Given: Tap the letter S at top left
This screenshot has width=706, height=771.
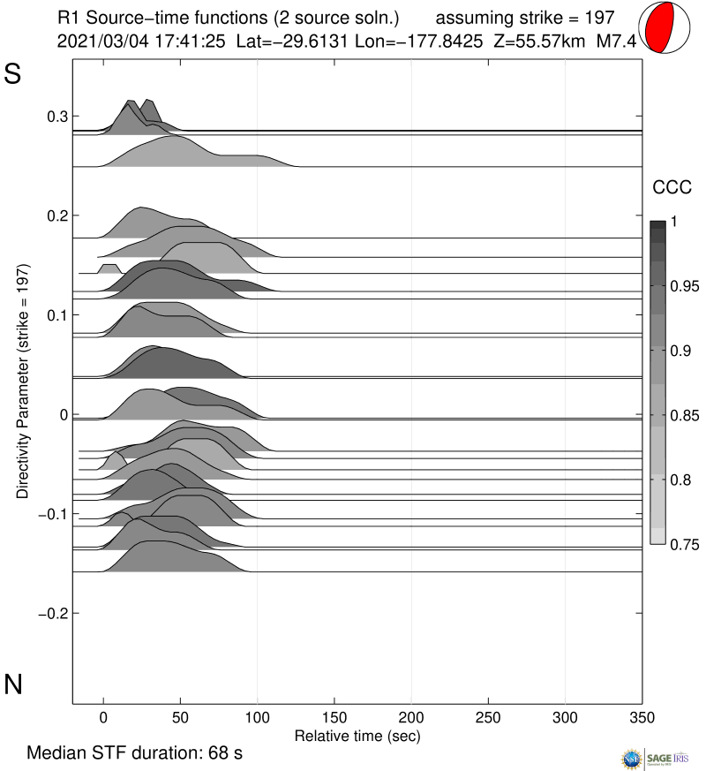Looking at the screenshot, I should coord(12,75).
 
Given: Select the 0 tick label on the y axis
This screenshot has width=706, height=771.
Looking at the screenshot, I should coord(62,414).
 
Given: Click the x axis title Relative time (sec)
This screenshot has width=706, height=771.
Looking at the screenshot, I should coord(357,735).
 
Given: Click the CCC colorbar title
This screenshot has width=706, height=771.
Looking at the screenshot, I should coord(665,187).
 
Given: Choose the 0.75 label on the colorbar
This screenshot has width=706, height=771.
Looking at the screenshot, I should coord(681,544).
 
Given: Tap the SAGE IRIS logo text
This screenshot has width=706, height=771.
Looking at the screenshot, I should coord(670,758).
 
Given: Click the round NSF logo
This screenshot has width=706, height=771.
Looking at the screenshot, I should coord(634,758).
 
